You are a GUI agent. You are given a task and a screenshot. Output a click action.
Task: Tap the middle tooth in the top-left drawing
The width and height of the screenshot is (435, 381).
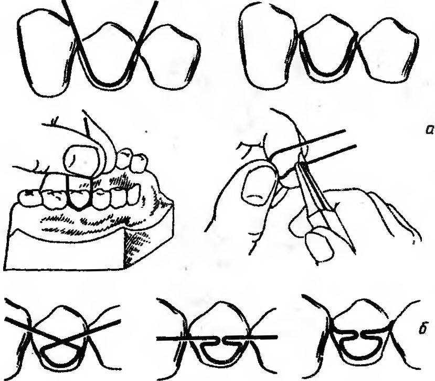(107, 56)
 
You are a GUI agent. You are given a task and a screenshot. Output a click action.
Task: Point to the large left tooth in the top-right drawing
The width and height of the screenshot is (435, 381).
(268, 46)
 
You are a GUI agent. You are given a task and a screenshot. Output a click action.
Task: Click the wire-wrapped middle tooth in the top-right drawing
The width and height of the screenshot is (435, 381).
(327, 49)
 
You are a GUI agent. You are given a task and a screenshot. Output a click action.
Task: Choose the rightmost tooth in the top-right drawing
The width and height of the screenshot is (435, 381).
(388, 50)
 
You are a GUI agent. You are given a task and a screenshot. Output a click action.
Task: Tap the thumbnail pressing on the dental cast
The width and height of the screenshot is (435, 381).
(81, 161)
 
